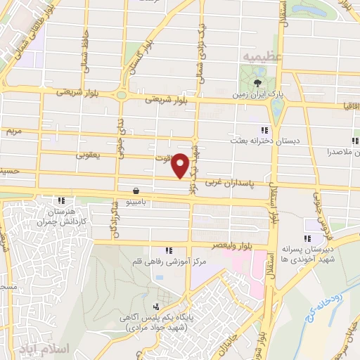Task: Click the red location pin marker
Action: coord(181,165)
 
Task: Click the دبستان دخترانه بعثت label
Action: coord(267,141)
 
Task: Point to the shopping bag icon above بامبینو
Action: coord(135,190)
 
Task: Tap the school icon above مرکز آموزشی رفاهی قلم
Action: coord(168,250)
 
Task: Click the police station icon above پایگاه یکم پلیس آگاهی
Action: coord(156,307)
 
